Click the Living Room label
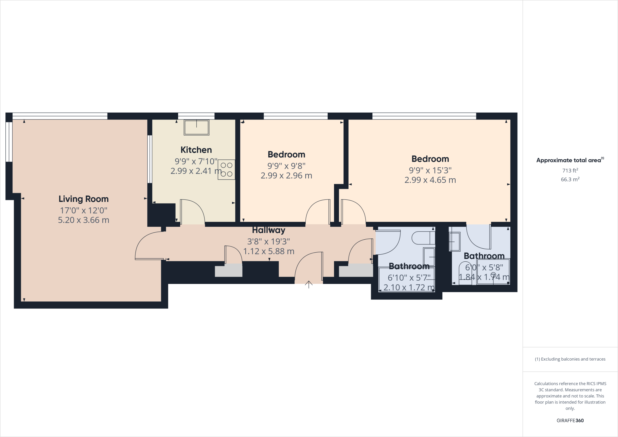pyautogui.click(x=84, y=199)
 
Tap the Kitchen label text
pyautogui.click(x=196, y=150)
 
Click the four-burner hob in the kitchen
pyautogui.click(x=226, y=170)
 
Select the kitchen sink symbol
pyautogui.click(x=196, y=127)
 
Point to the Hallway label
pyautogui.click(x=269, y=230)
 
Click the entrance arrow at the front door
pyautogui.click(x=308, y=284)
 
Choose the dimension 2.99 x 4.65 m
pyautogui.click(x=430, y=180)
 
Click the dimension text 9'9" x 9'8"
pyautogui.click(x=286, y=166)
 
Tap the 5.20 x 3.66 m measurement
pyautogui.click(x=84, y=220)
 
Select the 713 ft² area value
pyautogui.click(x=570, y=171)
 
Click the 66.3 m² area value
pyautogui.click(x=570, y=179)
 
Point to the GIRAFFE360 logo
pyautogui.click(x=570, y=420)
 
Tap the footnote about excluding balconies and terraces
pyautogui.click(x=570, y=359)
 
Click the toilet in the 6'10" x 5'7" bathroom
pyautogui.click(x=422, y=238)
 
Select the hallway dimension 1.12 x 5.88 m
pyautogui.click(x=269, y=251)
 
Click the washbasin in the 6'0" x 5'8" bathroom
pyautogui.click(x=454, y=241)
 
